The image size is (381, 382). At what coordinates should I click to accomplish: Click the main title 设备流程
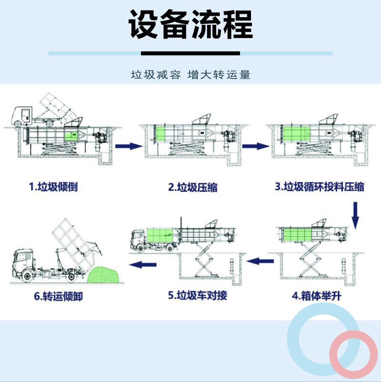[x=190, y=25]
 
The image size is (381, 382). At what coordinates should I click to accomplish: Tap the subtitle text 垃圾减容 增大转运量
[x=190, y=75]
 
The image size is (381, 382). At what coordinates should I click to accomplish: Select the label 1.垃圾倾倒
[x=53, y=186]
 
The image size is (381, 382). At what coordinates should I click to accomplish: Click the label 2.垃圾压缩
[x=192, y=187]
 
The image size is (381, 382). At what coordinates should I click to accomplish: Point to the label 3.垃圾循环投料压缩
[x=319, y=186]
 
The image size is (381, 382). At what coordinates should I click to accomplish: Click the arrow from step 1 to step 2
[x=130, y=145]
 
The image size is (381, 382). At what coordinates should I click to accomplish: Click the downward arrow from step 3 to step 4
[x=355, y=215]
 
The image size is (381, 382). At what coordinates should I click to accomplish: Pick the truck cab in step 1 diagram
[x=22, y=114]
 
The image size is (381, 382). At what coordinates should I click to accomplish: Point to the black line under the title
[x=190, y=53]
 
